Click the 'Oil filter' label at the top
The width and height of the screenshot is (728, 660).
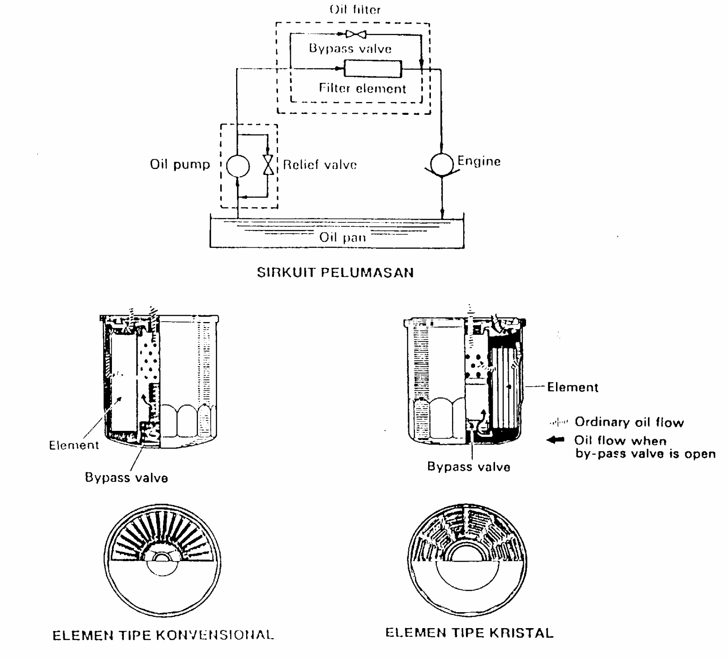(355, 10)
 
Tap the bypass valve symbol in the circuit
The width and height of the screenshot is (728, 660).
(356, 34)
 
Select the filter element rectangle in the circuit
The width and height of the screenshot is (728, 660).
(373, 69)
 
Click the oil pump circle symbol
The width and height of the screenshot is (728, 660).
(238, 165)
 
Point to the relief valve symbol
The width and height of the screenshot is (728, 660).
(269, 165)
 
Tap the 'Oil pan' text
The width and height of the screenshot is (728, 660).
(342, 237)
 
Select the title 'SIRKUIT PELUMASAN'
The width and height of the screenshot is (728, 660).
(335, 273)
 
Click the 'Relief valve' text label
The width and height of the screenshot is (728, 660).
(320, 164)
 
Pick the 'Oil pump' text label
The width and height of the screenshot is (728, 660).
(180, 164)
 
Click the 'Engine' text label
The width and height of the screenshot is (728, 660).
(479, 161)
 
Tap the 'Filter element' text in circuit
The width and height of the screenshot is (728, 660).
(362, 88)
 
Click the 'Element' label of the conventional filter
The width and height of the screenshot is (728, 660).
(74, 445)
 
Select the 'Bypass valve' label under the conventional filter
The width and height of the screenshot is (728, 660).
(126, 478)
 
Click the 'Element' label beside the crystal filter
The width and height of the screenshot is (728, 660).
(572, 387)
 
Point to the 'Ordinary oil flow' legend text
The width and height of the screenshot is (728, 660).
(629, 422)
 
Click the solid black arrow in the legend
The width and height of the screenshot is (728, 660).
(555, 440)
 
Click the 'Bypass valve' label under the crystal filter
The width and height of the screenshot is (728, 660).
(469, 467)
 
